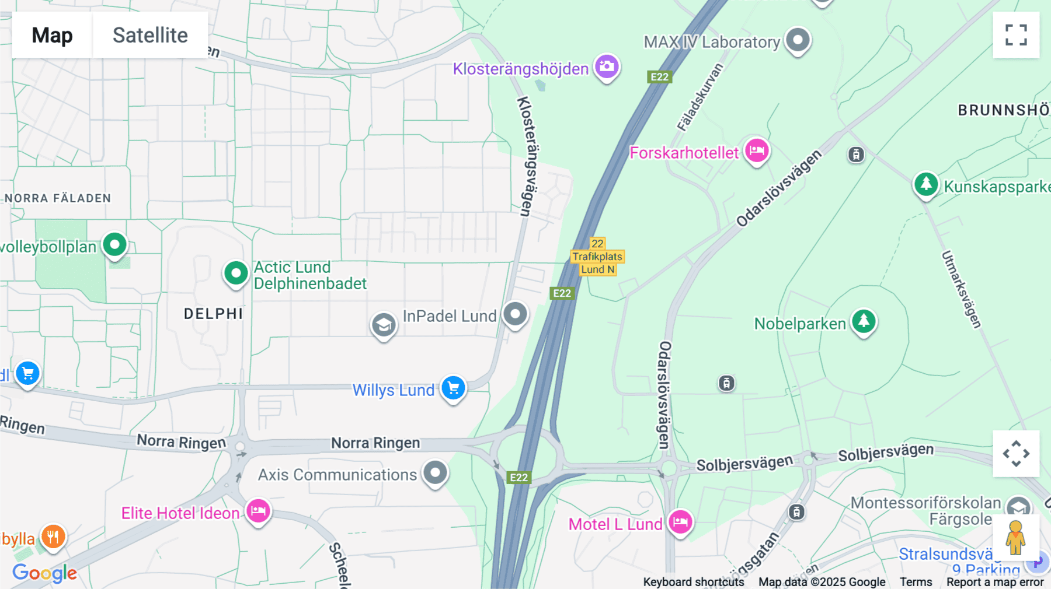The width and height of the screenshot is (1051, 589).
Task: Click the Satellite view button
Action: [x=150, y=35]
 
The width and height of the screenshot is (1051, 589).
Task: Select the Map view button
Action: [x=52, y=35]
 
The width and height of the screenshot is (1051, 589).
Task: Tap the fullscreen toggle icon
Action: [x=1015, y=35]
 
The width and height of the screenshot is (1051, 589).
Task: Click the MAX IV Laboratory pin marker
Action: [x=798, y=40]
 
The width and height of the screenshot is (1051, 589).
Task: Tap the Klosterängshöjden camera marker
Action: [x=607, y=66]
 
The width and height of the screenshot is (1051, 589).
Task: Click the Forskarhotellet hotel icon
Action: [x=757, y=150]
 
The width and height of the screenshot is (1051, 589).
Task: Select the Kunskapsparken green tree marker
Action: [x=925, y=184]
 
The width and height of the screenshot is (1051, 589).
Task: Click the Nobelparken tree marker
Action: [x=864, y=321]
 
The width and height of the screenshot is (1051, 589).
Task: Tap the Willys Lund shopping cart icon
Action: [x=453, y=387]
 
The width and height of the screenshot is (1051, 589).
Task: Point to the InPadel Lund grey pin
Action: [x=515, y=314]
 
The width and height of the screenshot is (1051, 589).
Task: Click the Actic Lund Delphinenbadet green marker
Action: [x=236, y=272]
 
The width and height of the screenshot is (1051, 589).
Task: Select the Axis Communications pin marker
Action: [x=435, y=472]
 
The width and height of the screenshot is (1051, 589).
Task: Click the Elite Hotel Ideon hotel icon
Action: [x=258, y=511]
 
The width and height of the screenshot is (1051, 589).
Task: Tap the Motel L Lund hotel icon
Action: [x=680, y=521]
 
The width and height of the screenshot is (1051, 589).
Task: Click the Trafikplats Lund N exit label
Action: [x=597, y=257]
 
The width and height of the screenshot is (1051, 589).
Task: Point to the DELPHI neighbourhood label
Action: [x=213, y=314]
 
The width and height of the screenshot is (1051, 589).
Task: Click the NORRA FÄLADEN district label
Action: [x=58, y=198]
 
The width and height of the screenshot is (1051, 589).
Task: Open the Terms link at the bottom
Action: [x=916, y=582]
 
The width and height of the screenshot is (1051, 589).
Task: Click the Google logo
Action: [x=44, y=573]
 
